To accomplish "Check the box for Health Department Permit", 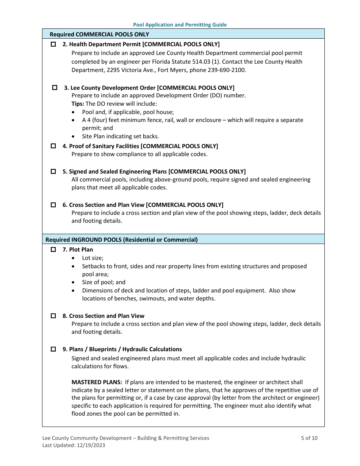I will click(53, 44).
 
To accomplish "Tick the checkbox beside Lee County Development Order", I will click(55, 88).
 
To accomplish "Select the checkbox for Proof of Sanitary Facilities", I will click(53, 146).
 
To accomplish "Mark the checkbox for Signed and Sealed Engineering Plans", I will click(53, 172).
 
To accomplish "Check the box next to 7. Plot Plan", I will click(53, 250).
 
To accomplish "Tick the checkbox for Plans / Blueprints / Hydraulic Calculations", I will click(53, 349).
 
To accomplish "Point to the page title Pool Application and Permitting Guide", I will click(180, 25).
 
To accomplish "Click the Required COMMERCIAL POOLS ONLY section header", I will click(99, 34).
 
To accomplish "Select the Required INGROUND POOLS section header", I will click(121, 239).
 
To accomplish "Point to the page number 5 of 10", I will click(309, 438).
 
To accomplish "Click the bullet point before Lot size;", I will click(73, 258).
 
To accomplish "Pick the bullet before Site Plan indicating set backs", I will click(73, 137).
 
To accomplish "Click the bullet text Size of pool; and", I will click(103, 282).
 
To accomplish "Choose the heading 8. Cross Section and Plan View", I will click(103, 316).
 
